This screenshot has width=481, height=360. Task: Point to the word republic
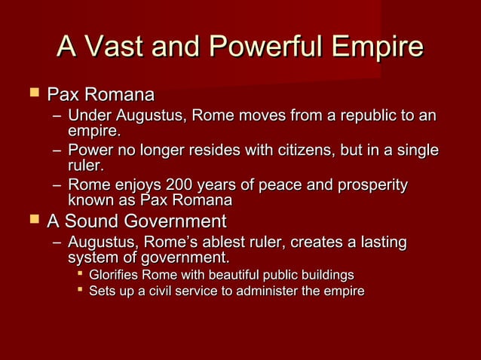(351, 117)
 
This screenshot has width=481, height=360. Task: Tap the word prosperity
(369, 185)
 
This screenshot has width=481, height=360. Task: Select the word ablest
(259, 243)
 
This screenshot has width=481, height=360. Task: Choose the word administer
(271, 291)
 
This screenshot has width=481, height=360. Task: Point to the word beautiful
(225, 275)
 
